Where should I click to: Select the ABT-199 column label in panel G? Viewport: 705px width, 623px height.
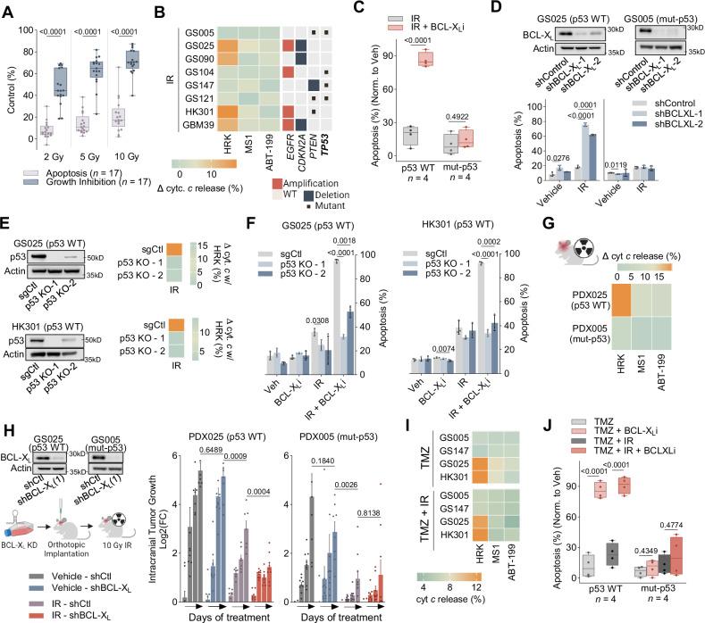(678, 391)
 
